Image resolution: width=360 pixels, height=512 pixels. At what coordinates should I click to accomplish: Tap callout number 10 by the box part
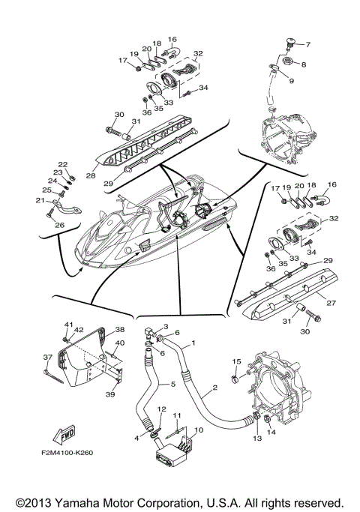(199, 430)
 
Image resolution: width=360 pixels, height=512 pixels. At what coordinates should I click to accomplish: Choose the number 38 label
(120, 329)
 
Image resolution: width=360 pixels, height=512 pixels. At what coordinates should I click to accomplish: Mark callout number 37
(46, 357)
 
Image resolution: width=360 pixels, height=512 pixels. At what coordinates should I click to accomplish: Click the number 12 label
(160, 409)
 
